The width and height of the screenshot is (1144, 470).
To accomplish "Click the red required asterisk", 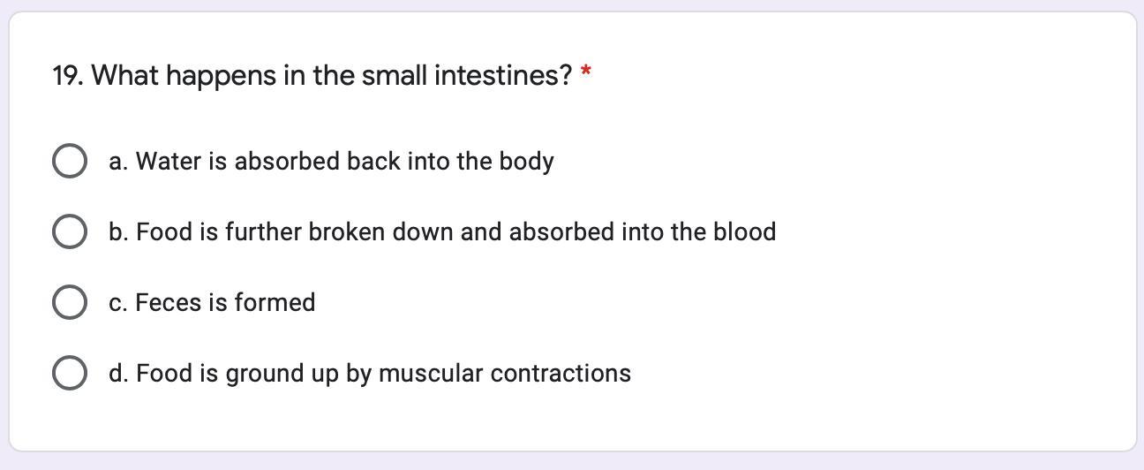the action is coord(586,71).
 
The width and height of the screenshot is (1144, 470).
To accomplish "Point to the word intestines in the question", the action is coord(503,76).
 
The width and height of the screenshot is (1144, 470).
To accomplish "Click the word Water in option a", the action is coord(169,162).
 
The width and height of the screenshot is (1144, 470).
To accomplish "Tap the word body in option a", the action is coord(527,163).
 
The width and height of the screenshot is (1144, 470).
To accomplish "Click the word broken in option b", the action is coord(347,232).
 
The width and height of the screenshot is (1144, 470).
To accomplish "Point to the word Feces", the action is coord(168,302).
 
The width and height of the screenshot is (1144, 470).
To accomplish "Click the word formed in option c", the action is coord(275,302).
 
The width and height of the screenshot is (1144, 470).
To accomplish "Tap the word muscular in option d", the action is coord(431,374).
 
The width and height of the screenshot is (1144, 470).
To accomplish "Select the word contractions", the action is coord(561,374).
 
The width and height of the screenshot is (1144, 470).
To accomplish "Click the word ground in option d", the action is coord(265,375).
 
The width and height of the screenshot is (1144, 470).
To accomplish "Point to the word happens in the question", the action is coord(222,77).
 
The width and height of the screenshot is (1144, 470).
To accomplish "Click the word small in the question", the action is coord(395,76).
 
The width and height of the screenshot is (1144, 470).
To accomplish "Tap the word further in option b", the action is coord(264,232).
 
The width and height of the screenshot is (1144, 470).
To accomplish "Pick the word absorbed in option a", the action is coord(287,162).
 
